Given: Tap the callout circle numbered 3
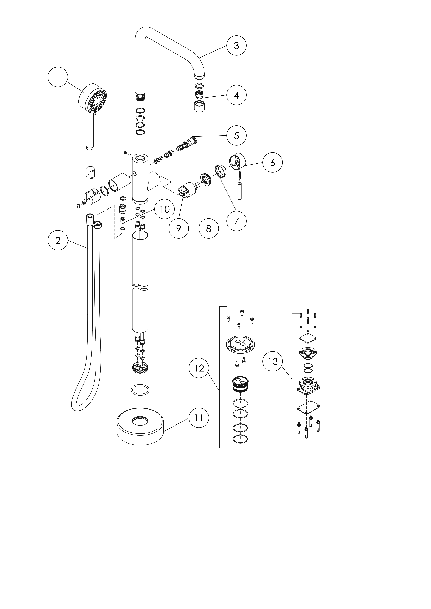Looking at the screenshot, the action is coord(236,46).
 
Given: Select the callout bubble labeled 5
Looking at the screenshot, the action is coord(236,136).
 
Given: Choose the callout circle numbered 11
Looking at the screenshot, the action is coord(199,418).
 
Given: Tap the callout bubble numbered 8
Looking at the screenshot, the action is coord(209,228).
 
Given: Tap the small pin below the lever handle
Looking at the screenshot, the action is coord(239,191).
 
